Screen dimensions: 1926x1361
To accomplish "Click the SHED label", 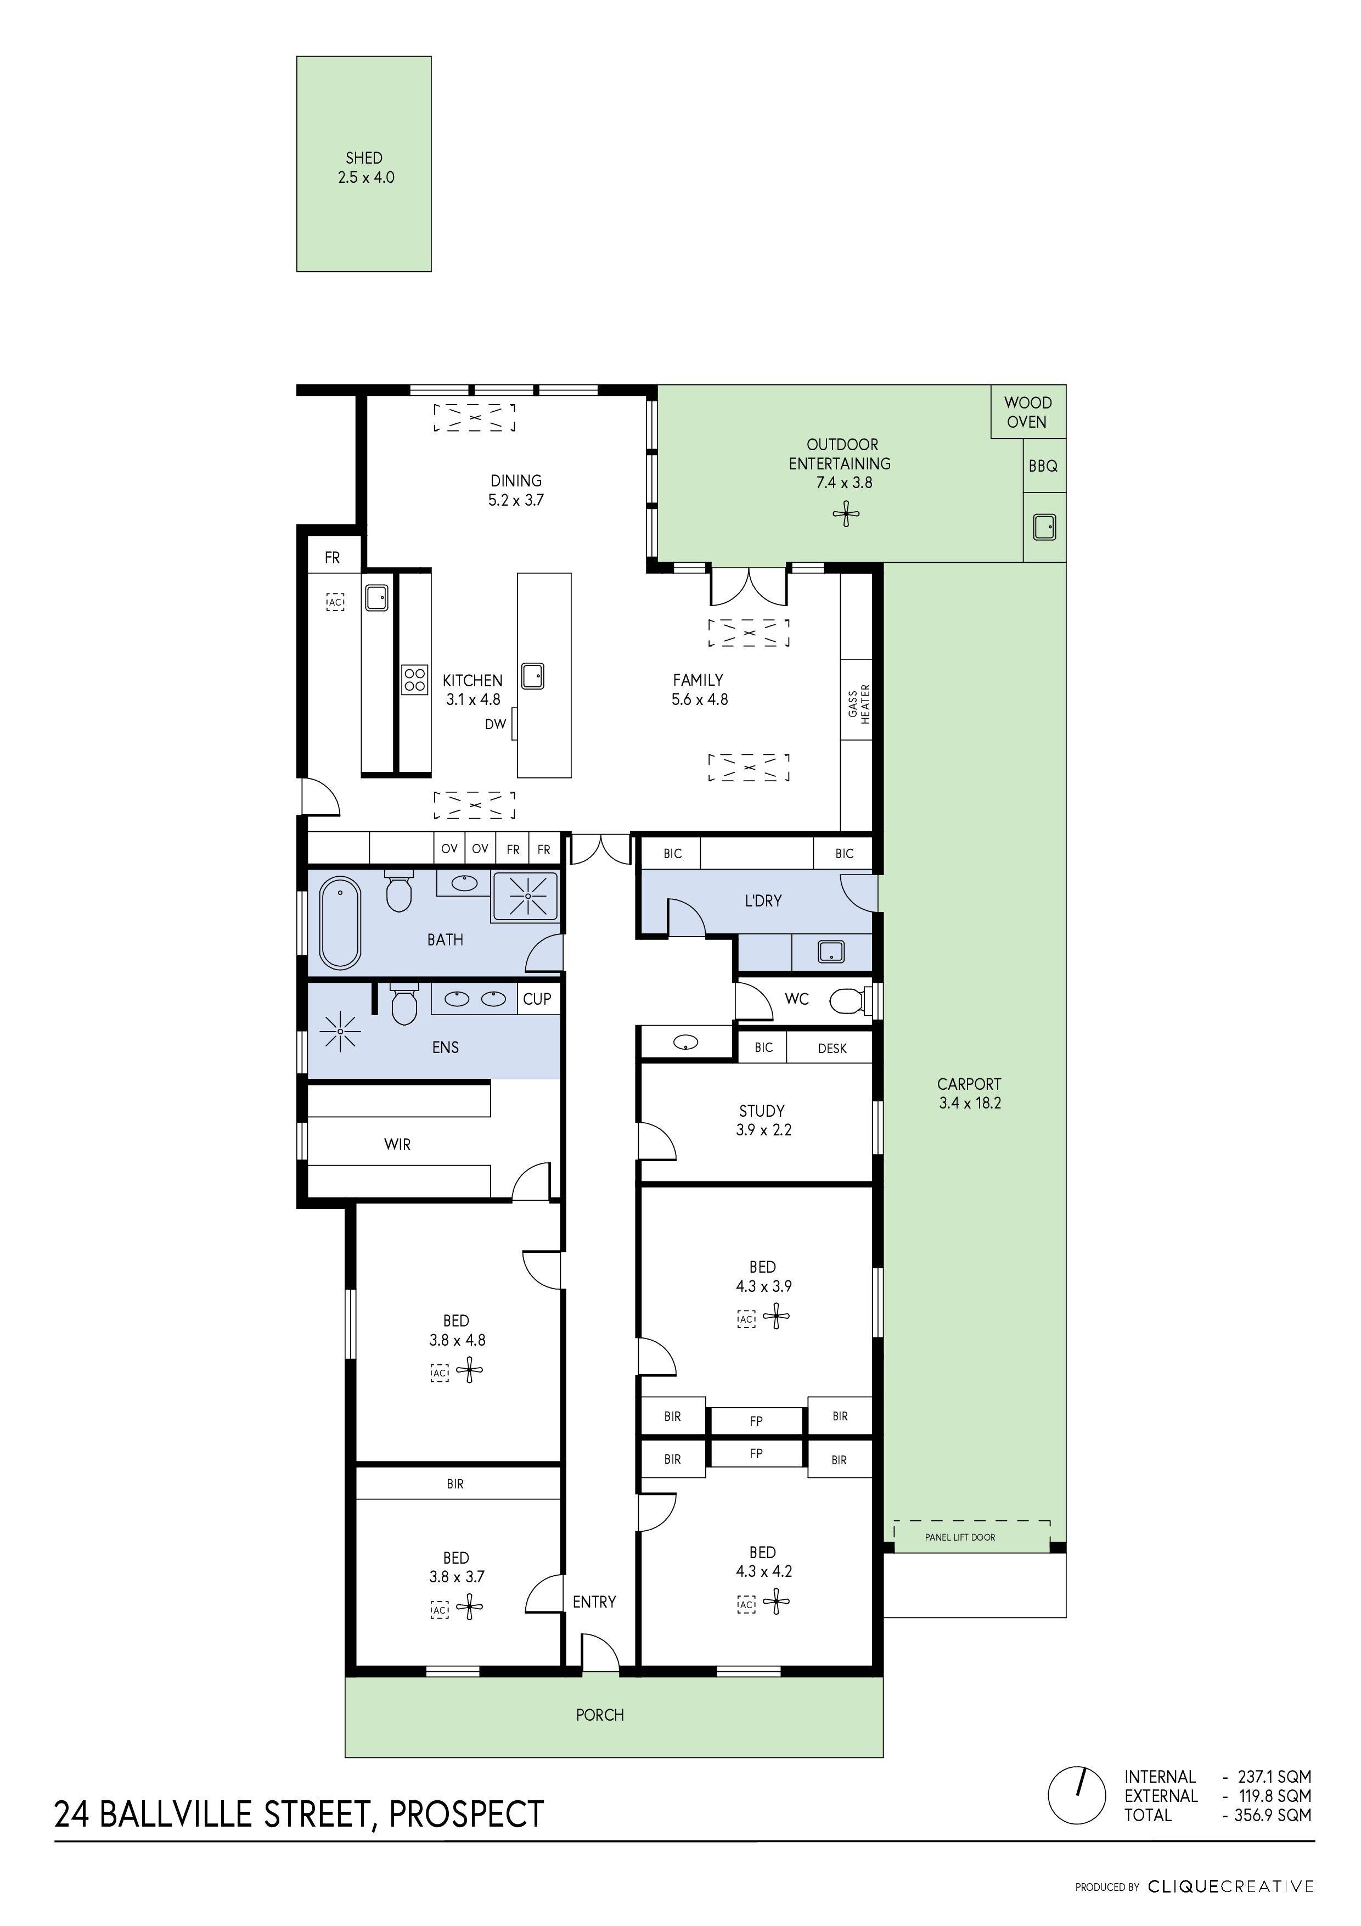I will click(x=364, y=158).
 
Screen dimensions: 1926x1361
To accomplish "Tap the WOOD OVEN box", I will click(x=1027, y=412).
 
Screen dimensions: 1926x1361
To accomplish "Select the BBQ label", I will click(x=1043, y=466).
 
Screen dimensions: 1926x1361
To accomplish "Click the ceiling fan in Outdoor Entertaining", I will click(x=846, y=514).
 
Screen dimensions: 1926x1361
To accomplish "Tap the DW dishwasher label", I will click(x=495, y=724).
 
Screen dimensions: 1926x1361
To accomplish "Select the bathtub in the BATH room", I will click(x=340, y=923).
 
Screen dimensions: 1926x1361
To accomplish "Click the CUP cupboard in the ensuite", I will click(x=537, y=999).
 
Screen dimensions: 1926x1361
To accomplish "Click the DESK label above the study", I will click(x=832, y=1049).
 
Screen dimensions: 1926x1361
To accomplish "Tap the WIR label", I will click(x=397, y=1144).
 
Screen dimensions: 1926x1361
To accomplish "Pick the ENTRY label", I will click(x=594, y=1602).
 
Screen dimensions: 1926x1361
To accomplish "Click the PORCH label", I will click(x=600, y=1716).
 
